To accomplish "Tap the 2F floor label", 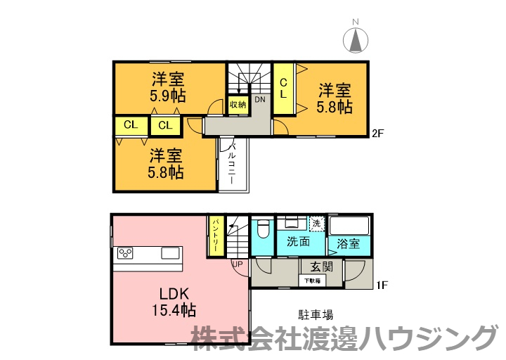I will pos(380,131).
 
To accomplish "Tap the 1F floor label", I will pos(383,285).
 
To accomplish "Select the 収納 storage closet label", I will pos(238,105).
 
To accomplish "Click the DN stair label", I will pos(260,100).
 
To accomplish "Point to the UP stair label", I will pos(238,264).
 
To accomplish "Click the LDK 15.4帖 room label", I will pos(171,301).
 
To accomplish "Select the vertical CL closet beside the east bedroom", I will pos(284,88).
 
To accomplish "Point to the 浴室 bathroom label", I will pos(348,245).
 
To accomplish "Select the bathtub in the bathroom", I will pos(349,226).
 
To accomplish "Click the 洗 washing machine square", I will pos(317,224).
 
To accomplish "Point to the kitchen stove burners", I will pos(126,252).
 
